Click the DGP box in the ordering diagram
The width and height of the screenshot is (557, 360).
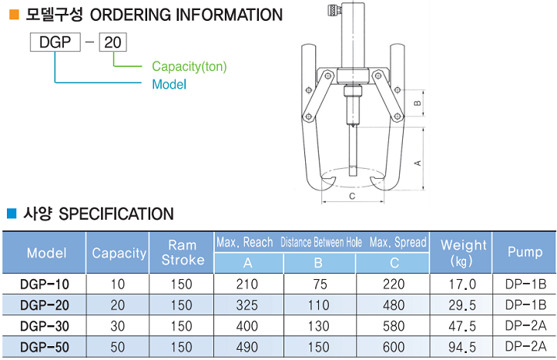tap(55, 42)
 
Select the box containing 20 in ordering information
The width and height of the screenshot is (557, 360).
tap(113, 42)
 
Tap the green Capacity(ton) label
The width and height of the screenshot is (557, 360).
tap(189, 66)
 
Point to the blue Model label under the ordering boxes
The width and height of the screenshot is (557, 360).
tap(169, 85)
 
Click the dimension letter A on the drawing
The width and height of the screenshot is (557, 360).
tap(417, 163)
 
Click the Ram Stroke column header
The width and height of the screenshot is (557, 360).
tap(183, 253)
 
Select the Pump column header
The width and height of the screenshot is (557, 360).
tap(525, 252)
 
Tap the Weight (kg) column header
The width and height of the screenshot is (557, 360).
tap(463, 253)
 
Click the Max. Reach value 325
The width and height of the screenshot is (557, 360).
tap(248, 304)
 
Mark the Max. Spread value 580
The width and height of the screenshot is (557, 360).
tap(393, 326)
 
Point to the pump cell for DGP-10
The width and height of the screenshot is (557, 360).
tap(525, 283)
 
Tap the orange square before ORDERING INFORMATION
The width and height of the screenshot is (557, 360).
tap(13, 14)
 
